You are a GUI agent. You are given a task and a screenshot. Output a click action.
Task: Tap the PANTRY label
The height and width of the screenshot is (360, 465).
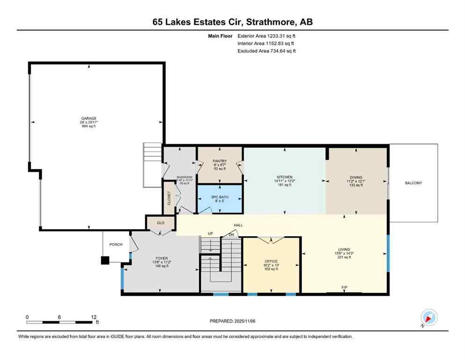click(x=220, y=161)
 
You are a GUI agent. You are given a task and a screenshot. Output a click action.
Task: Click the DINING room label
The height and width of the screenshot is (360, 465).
click(x=356, y=177)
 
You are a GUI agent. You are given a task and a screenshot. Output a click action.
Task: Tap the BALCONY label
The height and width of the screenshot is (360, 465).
click(x=413, y=183)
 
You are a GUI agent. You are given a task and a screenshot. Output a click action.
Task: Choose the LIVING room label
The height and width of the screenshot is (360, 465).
click(x=344, y=249)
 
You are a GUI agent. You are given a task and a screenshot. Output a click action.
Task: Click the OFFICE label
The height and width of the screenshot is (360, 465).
click(x=271, y=261)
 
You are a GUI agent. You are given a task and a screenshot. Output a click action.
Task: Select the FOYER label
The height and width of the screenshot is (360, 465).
click(x=162, y=258)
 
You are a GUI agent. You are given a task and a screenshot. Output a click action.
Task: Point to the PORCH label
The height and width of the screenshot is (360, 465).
click(x=116, y=244)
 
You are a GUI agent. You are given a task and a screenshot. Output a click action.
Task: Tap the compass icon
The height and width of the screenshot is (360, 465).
click(x=428, y=318)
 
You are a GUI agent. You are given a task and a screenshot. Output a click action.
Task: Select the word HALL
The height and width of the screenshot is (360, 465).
click(x=238, y=225)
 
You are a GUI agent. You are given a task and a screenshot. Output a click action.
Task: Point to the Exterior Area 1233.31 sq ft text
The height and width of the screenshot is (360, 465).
click(x=266, y=36)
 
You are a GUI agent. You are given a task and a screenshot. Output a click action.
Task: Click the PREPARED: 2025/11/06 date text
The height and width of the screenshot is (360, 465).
click(x=233, y=321)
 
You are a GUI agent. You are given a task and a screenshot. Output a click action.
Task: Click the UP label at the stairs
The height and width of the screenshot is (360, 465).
click(x=211, y=233)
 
